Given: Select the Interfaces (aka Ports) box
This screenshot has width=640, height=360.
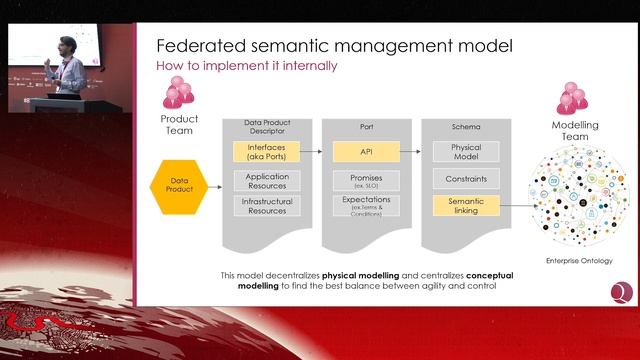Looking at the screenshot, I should (x=266, y=152).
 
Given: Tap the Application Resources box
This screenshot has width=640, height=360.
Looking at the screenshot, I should (x=266, y=181).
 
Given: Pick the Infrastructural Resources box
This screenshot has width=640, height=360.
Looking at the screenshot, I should (x=266, y=206).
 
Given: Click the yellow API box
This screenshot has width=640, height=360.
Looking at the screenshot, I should (x=366, y=152).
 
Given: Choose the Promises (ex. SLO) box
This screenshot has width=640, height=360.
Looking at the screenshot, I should (x=366, y=181).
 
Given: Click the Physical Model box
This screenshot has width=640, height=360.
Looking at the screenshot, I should (x=465, y=152).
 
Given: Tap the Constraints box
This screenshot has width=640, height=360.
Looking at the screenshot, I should (x=465, y=180).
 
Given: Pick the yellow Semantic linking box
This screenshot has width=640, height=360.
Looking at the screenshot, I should (x=465, y=206).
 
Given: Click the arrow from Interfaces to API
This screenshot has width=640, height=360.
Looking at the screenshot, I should (x=316, y=152).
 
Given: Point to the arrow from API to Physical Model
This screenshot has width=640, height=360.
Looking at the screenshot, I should (x=415, y=152).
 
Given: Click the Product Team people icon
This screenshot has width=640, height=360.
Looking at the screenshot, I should (x=178, y=95).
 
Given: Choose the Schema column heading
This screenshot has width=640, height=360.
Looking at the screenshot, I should (x=465, y=127).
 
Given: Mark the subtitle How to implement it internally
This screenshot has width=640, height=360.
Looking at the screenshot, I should (x=246, y=66).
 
